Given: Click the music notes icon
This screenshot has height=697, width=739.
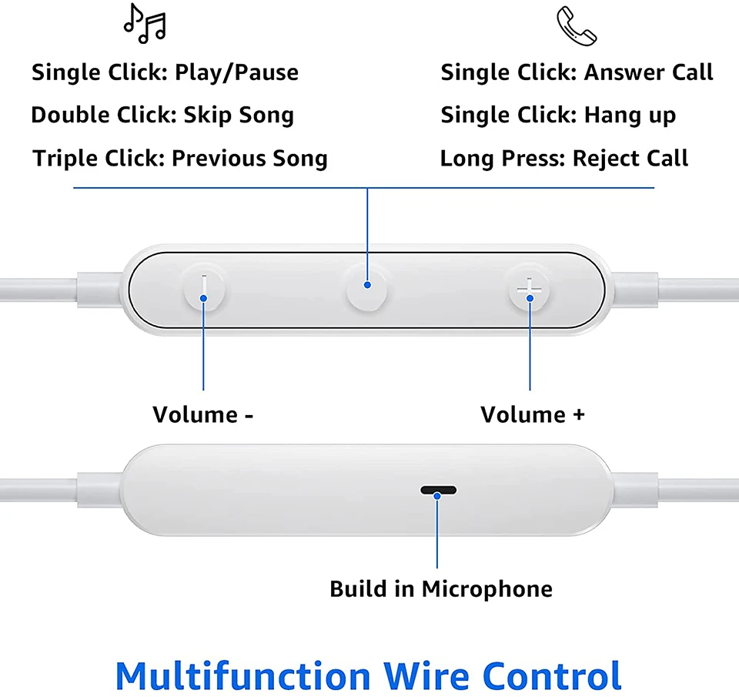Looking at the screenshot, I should coord(145,25).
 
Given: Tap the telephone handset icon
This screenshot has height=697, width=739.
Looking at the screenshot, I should coord(576,26).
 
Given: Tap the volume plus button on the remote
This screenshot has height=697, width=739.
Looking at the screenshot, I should coord(530,292).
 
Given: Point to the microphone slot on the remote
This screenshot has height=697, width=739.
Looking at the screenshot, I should coord(438,491).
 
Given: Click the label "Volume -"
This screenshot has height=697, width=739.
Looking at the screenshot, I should coord(203,414).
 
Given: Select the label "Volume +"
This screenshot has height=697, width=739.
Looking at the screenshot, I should coord(533,414).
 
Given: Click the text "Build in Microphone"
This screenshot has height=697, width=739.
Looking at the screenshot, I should coord(441,589).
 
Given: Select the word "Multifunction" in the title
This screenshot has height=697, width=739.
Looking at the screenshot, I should coord(242,675).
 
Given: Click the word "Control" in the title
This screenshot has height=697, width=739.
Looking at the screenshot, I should coord(552,675).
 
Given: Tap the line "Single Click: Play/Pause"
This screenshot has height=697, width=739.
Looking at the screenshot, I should coord(165,73).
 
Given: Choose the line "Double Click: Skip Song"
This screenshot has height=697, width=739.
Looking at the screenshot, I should coord(162,116).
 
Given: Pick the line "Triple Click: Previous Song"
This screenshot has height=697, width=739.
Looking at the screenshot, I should coord(180,159).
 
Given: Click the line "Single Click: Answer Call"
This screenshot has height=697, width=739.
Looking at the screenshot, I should coord(577,73).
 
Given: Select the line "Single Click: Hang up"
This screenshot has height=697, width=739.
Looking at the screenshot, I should coord(558,116).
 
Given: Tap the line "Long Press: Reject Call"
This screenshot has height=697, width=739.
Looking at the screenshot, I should coord(564,159).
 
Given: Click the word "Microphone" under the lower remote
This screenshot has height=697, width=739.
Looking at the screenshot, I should coord(487,589).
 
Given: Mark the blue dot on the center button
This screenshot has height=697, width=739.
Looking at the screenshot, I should coord(367,285).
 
